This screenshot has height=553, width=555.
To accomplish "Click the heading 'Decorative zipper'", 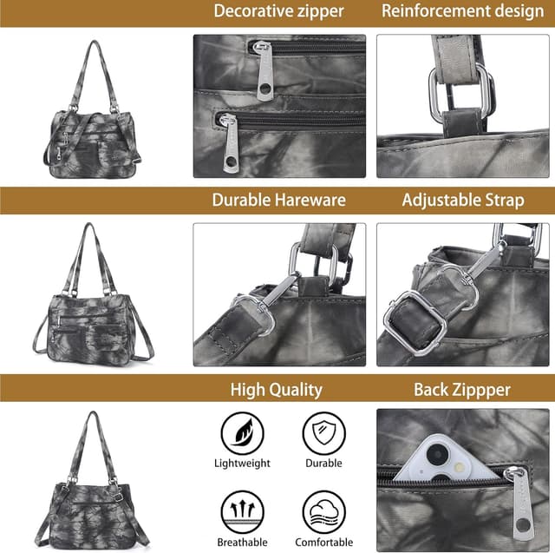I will point(278,11).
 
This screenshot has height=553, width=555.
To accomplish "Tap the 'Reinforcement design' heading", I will point(462,11).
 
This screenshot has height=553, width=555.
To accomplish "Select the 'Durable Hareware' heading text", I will point(278,200).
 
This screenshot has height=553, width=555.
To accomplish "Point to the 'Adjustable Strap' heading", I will point(462,200).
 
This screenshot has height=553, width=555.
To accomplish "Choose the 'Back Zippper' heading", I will point(462,389).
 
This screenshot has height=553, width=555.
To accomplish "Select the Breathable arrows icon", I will point(242,511).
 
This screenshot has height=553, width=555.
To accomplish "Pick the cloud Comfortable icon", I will point(324,511).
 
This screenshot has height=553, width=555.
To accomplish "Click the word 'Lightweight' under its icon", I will point(242,464).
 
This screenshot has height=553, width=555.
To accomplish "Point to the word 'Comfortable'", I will point(324,543).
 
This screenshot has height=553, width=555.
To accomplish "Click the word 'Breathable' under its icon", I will point(242,543).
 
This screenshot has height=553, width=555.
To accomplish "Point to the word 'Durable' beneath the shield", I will point(324,464).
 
